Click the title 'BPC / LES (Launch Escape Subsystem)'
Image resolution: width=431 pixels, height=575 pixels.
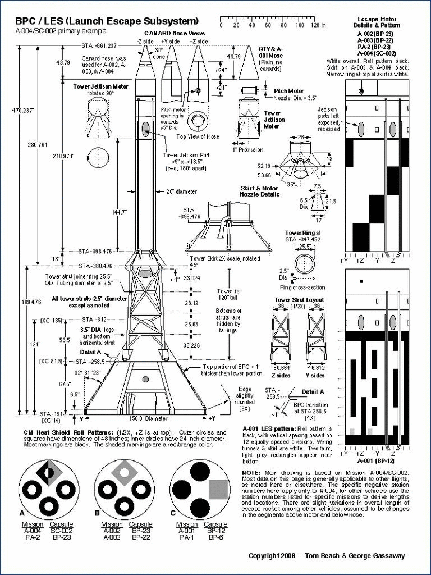[107, 21]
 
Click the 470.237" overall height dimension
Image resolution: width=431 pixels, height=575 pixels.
[11, 110]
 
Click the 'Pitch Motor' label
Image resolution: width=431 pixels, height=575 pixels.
[288, 91]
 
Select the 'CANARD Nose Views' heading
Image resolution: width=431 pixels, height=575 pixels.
[180, 34]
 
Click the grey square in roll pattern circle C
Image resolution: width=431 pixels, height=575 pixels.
[218, 489]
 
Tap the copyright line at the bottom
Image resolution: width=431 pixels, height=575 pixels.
[327, 556]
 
